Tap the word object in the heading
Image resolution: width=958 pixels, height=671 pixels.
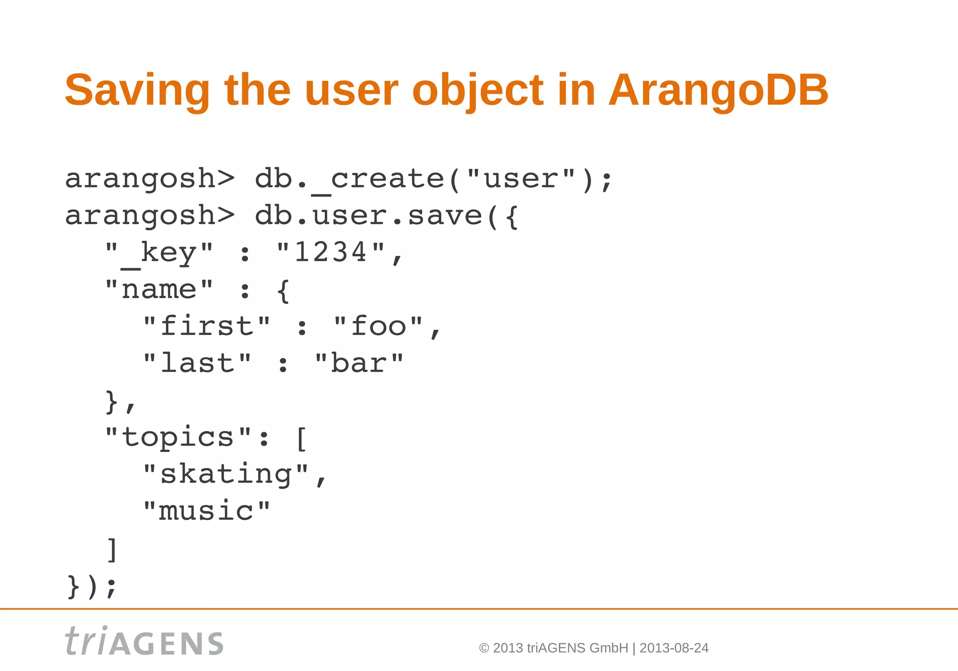pyautogui.click(x=477, y=90)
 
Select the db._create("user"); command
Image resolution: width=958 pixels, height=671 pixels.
pyautogui.click(x=433, y=179)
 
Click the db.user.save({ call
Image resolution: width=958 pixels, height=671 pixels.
pyautogui.click(x=386, y=216)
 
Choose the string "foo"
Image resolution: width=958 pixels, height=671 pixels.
pyautogui.click(x=378, y=326)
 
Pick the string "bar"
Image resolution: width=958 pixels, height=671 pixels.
pyautogui.click(x=359, y=363)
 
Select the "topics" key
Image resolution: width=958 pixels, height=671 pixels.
pyautogui.click(x=178, y=437)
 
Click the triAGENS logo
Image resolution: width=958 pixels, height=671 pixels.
pyautogui.click(x=144, y=642)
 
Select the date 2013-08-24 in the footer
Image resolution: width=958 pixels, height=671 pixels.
pyautogui.click(x=674, y=648)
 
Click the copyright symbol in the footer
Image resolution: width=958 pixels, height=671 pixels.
pyautogui.click(x=484, y=648)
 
